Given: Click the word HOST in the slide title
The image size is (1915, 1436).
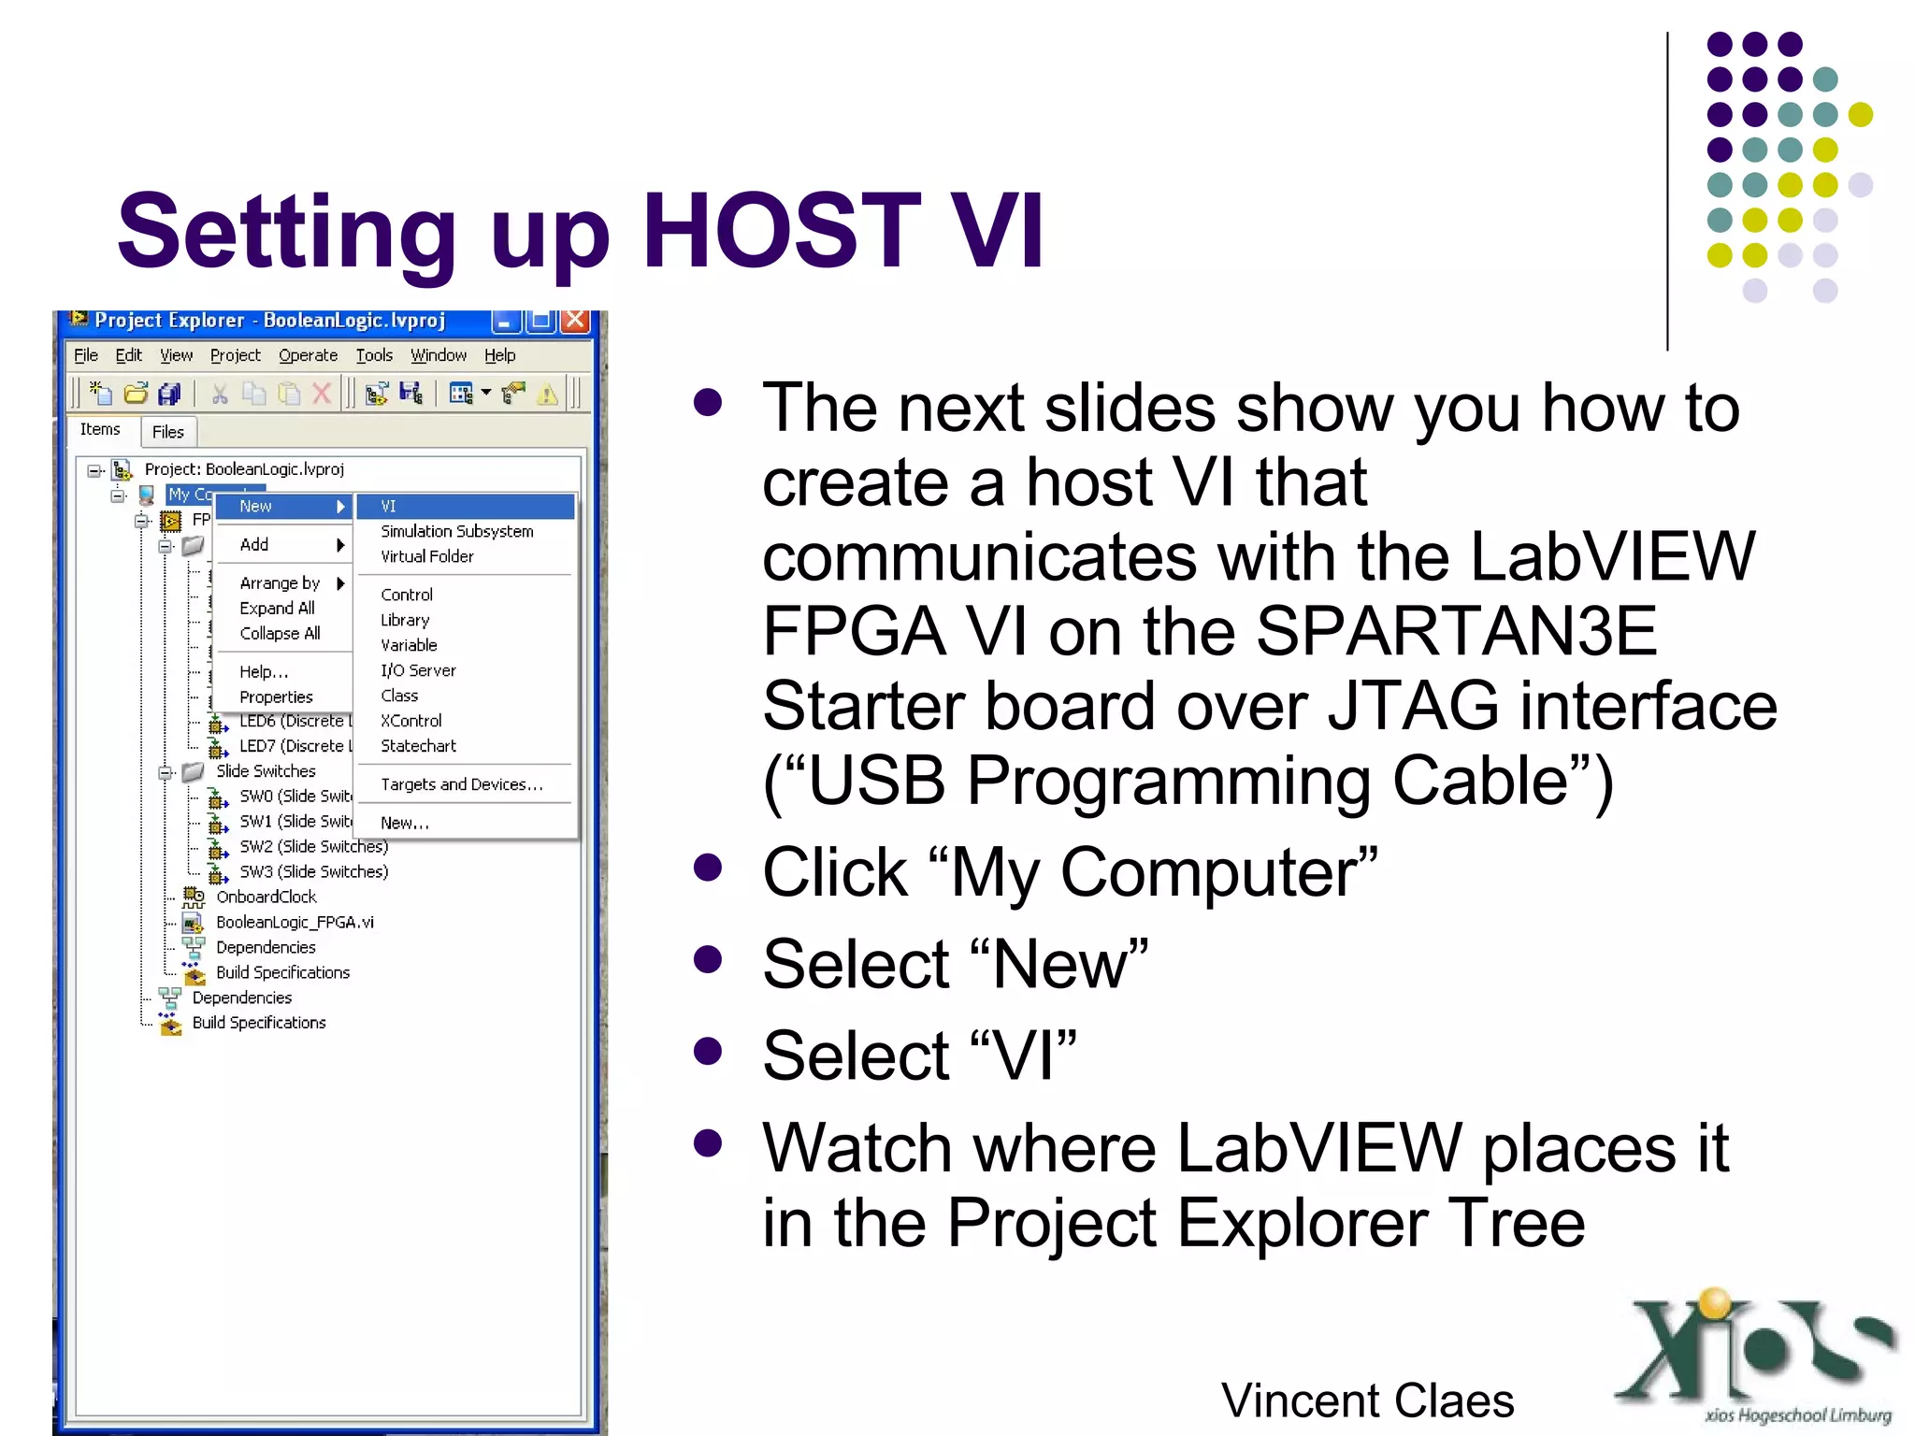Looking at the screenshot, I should (x=781, y=231).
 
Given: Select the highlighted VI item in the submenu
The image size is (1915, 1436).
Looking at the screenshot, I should (x=465, y=507).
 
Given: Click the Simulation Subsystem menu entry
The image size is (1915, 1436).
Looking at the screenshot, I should (x=456, y=531).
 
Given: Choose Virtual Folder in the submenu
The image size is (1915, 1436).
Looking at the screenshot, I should (x=426, y=556).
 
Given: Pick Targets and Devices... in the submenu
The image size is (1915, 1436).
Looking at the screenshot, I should (x=461, y=784).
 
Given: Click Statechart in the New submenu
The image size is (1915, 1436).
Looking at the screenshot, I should (x=418, y=746).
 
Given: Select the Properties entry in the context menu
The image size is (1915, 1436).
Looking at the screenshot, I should (x=276, y=697).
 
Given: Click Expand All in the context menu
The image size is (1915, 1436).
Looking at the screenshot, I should (x=277, y=609).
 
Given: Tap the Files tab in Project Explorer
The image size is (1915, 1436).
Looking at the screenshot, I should (x=168, y=432).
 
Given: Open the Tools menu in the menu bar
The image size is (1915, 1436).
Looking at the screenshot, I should (x=374, y=355).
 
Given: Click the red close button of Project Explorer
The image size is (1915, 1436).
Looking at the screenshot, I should (x=576, y=321).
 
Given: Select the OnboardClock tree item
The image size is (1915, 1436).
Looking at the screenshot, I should (x=266, y=897).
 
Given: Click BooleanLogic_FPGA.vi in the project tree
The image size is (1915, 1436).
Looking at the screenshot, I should (x=295, y=922).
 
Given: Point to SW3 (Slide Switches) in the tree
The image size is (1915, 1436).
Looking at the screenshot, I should (x=313, y=871).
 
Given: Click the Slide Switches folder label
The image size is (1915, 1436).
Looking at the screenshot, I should (x=266, y=771).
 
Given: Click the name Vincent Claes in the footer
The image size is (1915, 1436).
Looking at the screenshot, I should (x=1367, y=1400).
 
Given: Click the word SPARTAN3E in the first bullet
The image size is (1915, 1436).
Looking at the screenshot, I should (x=1456, y=632).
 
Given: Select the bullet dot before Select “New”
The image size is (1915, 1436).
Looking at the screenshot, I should (x=709, y=959).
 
